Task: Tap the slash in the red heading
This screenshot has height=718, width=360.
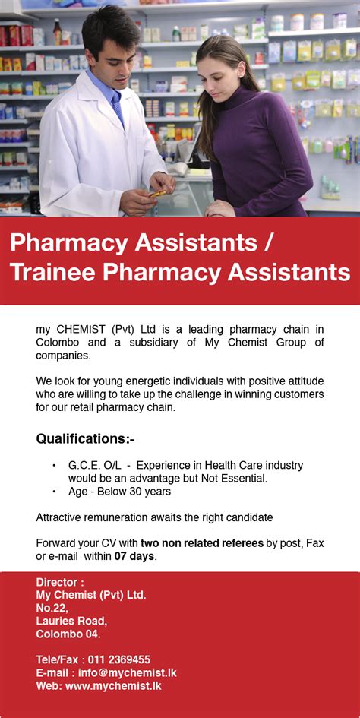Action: [267, 243]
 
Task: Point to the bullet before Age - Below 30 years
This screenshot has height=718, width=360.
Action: [54, 491]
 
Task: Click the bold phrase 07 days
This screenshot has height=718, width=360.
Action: [134, 556]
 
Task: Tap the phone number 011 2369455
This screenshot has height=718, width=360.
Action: [118, 659]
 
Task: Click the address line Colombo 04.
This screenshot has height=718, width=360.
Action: [68, 634]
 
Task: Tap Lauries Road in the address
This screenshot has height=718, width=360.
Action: [71, 621]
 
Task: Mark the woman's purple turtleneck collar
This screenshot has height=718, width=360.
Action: [235, 96]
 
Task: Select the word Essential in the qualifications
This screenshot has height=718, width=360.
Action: [240, 478]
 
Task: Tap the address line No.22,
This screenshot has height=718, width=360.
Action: [52, 608]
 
